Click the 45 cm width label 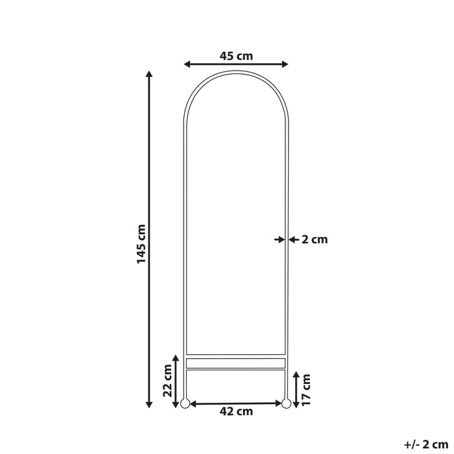point(236,56)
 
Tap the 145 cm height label point(141,244)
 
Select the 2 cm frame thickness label point(315,239)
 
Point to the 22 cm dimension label point(167,381)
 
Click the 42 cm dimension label point(236,411)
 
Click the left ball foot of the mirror point(184,403)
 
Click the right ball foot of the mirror point(285,403)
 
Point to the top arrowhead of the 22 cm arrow point(175,358)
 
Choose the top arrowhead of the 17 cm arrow point(296,374)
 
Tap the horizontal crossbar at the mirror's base point(235,363)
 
